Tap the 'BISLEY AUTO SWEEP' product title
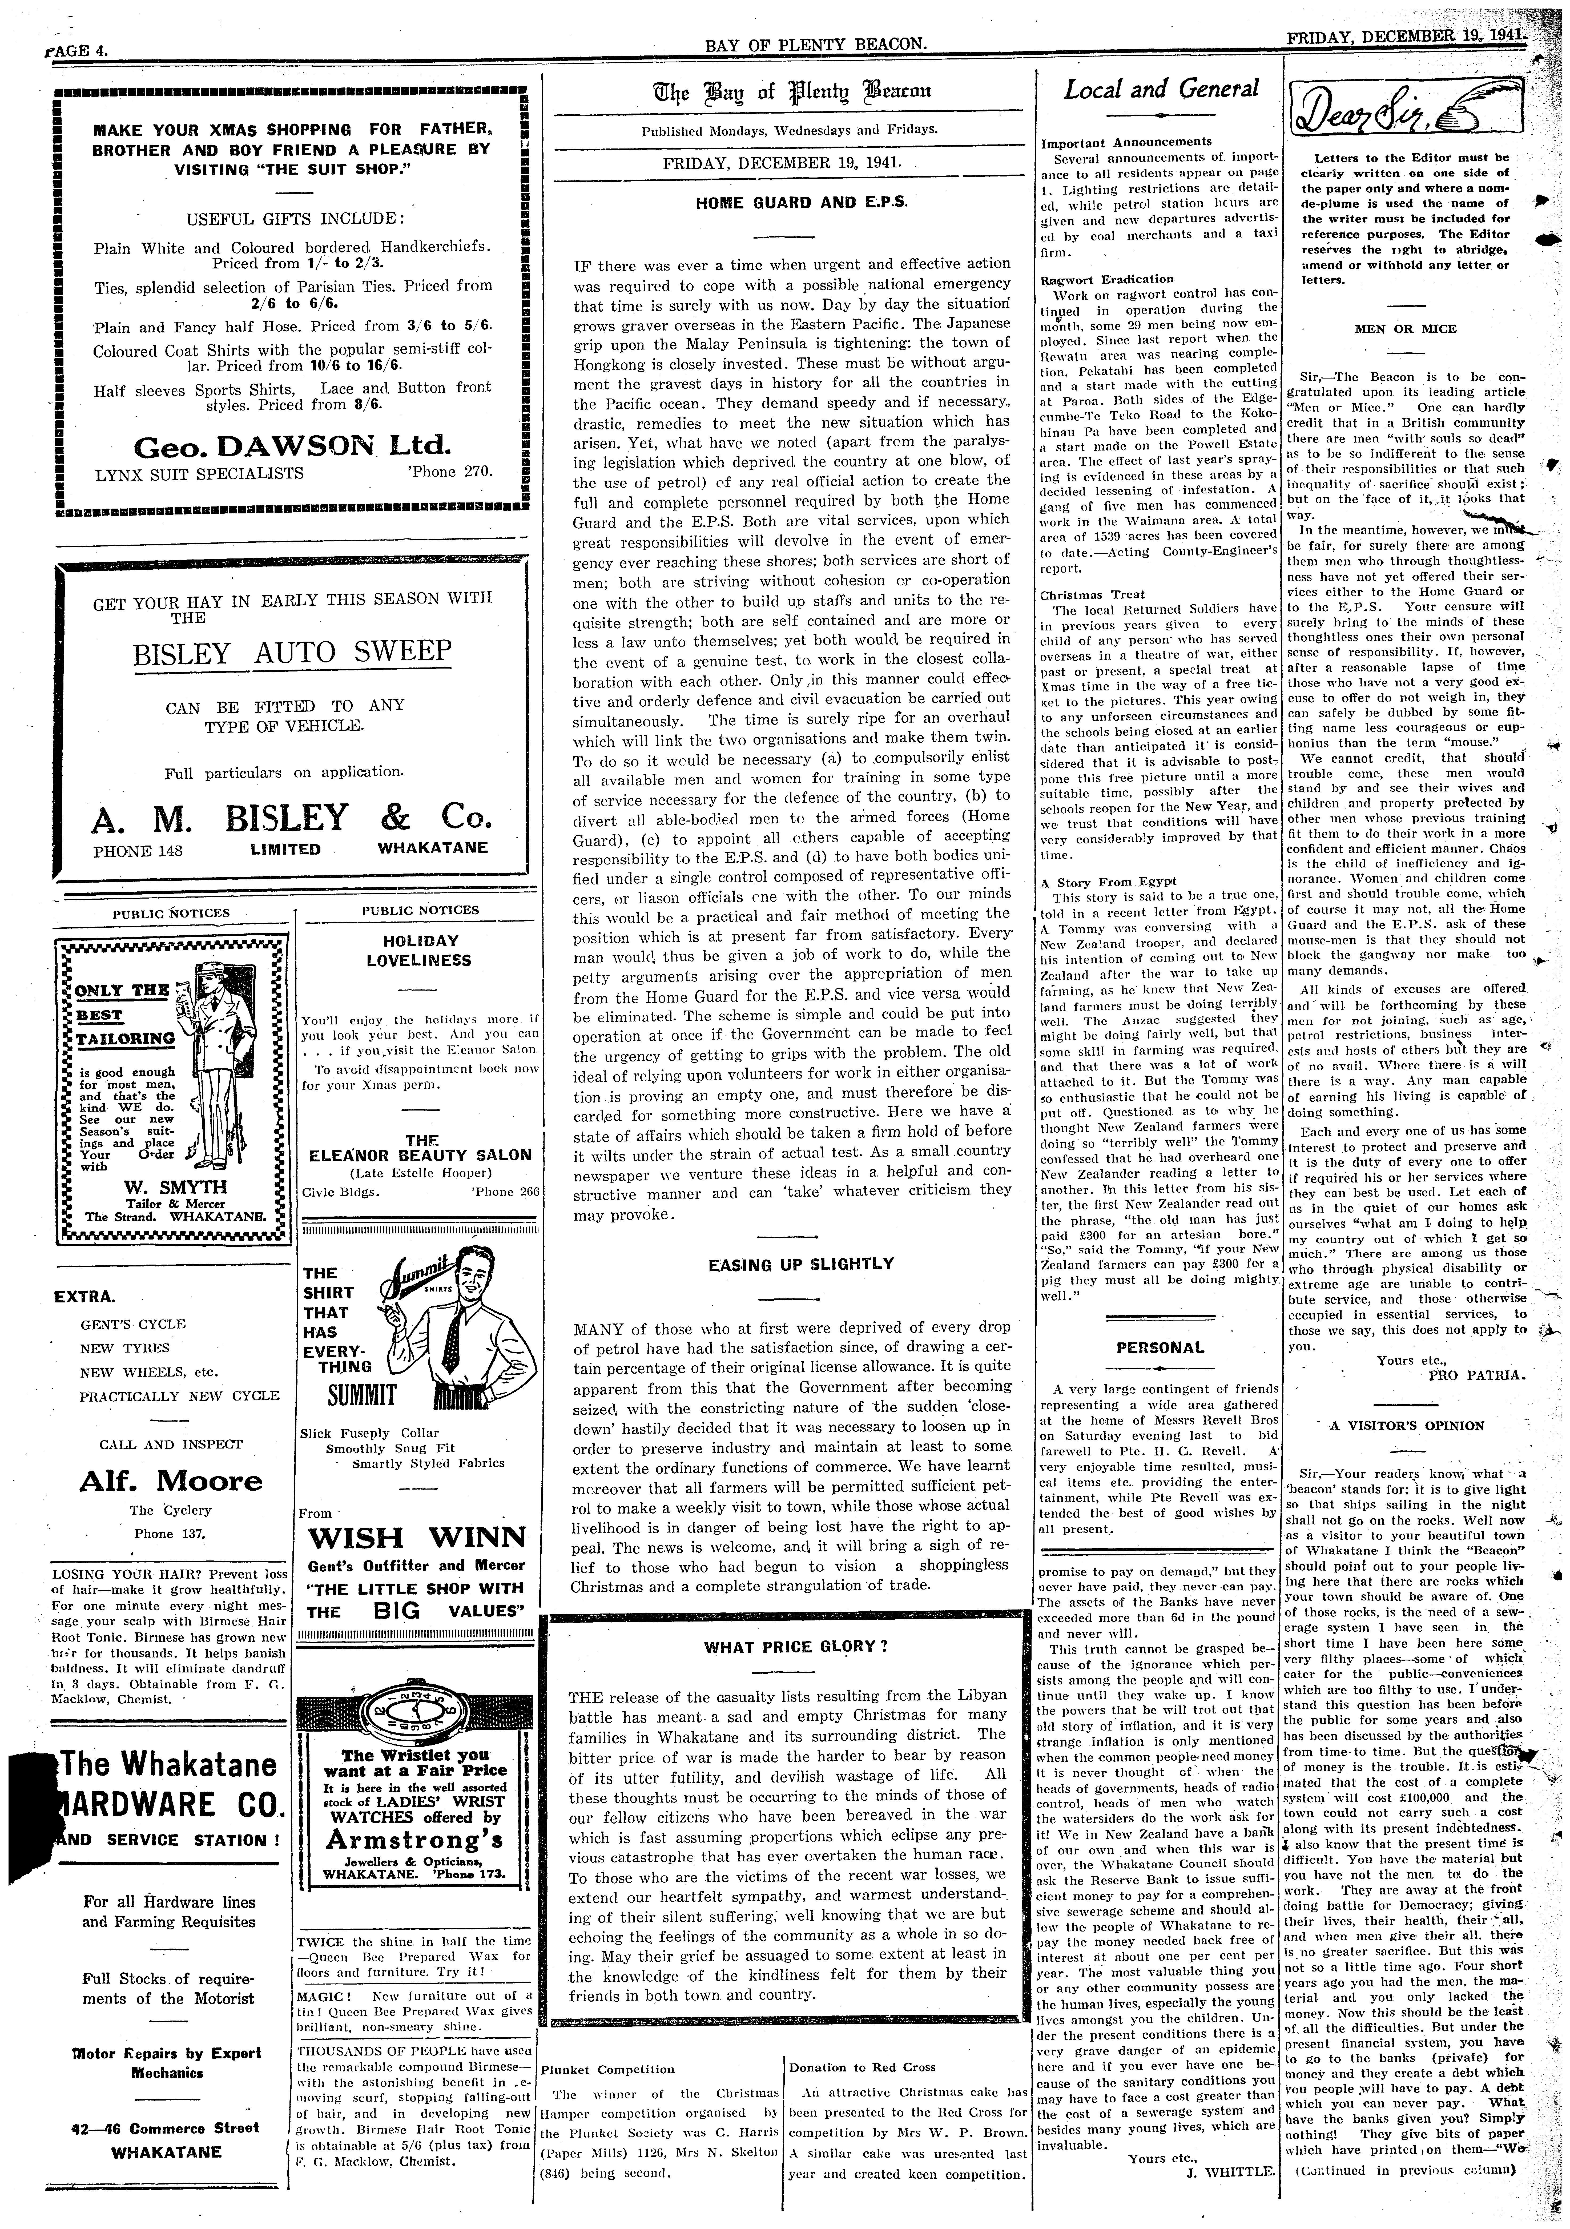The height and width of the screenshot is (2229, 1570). point(292,650)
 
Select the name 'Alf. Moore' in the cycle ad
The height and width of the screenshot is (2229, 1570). point(171,1482)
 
